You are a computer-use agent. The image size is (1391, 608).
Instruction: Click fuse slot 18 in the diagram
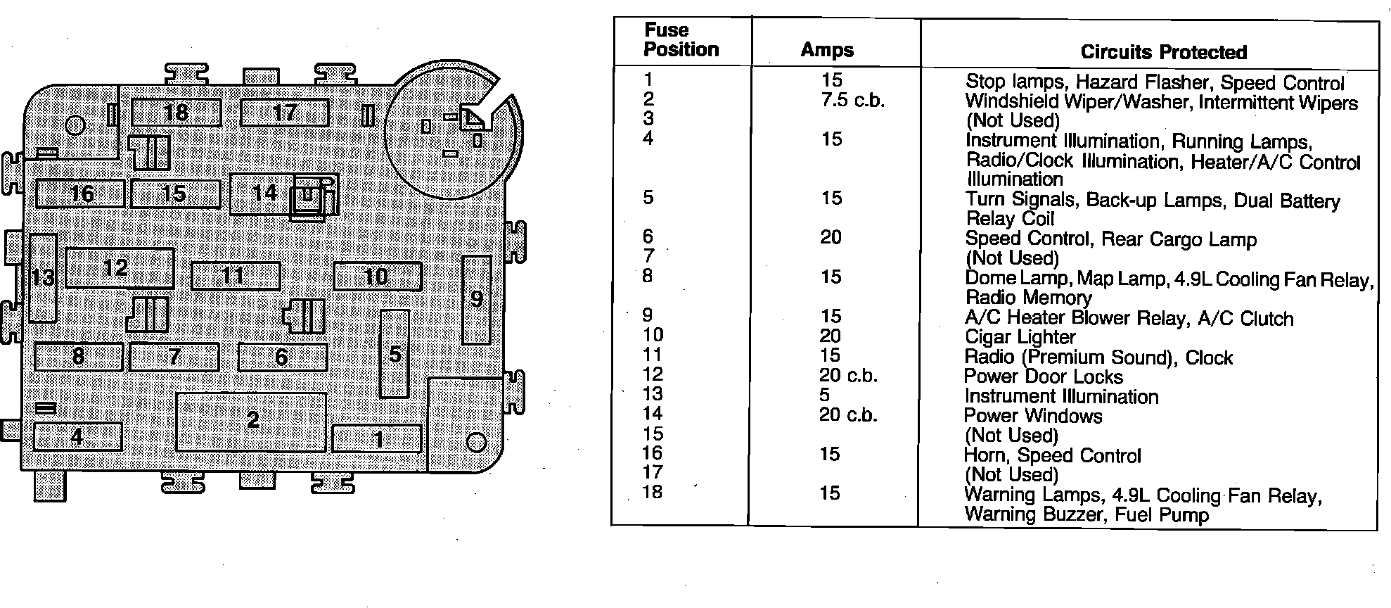click(x=176, y=113)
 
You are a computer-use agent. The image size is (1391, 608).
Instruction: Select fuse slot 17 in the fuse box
click(x=284, y=113)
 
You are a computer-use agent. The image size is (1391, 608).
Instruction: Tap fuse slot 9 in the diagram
click(x=477, y=300)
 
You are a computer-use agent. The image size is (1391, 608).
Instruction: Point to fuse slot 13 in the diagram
click(x=43, y=278)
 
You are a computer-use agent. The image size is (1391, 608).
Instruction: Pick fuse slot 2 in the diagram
click(x=251, y=421)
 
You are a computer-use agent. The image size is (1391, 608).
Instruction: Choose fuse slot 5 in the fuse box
click(x=395, y=354)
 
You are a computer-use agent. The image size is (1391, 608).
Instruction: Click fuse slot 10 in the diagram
click(x=377, y=277)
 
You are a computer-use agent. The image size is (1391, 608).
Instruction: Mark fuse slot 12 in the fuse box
click(x=120, y=268)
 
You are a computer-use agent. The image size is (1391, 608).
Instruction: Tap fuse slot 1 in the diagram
click(x=377, y=439)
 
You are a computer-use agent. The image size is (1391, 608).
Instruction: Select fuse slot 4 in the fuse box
click(x=77, y=437)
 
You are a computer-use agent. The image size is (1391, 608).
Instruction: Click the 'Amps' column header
click(x=827, y=50)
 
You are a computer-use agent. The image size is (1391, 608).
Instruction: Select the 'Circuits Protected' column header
click(x=1163, y=52)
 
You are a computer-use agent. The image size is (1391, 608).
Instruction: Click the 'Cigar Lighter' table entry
click(x=1020, y=338)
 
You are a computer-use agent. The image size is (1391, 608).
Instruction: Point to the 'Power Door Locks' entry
click(x=1043, y=377)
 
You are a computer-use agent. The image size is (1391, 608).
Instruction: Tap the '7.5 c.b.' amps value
click(x=852, y=100)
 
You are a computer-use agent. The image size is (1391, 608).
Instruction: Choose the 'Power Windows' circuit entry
click(x=1032, y=417)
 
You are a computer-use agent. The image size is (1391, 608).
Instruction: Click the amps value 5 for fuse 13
click(x=824, y=395)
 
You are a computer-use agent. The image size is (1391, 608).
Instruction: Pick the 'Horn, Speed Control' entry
click(x=1052, y=456)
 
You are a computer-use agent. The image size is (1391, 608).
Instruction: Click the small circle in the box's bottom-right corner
click(x=476, y=442)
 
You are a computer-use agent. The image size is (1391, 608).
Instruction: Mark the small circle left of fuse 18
click(x=75, y=126)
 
